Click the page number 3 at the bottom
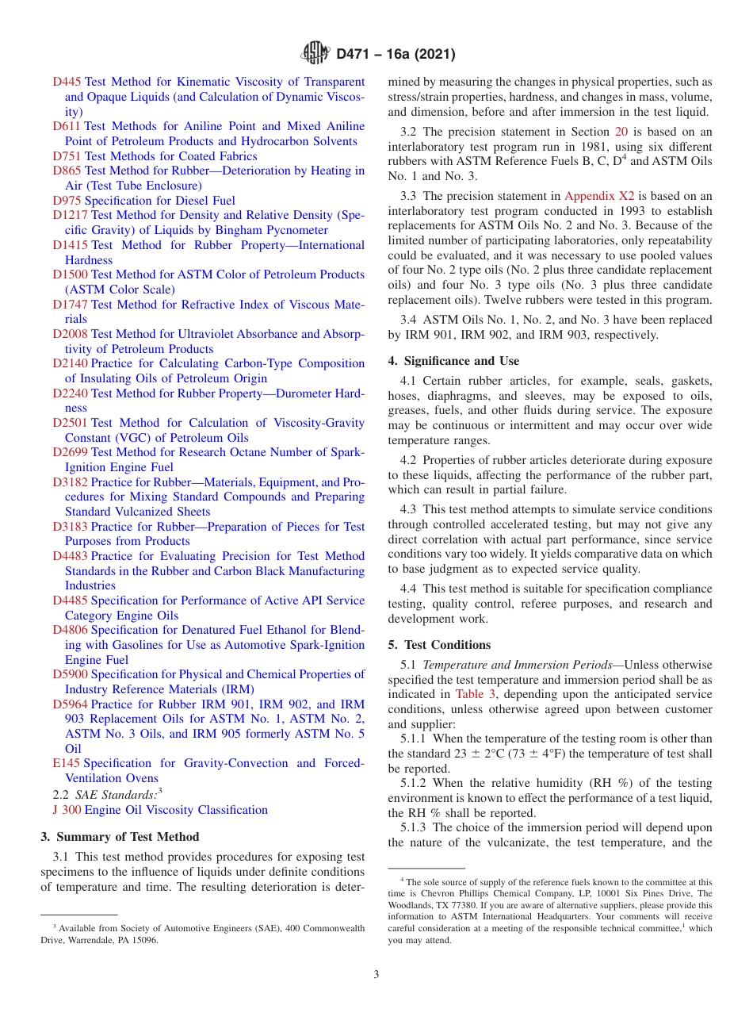(x=376, y=974)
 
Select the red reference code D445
(x=67, y=82)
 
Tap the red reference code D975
(x=67, y=201)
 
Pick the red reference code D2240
(x=70, y=393)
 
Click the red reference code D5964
(x=70, y=704)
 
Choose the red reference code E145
(x=67, y=763)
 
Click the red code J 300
(x=67, y=810)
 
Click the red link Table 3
(x=476, y=694)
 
